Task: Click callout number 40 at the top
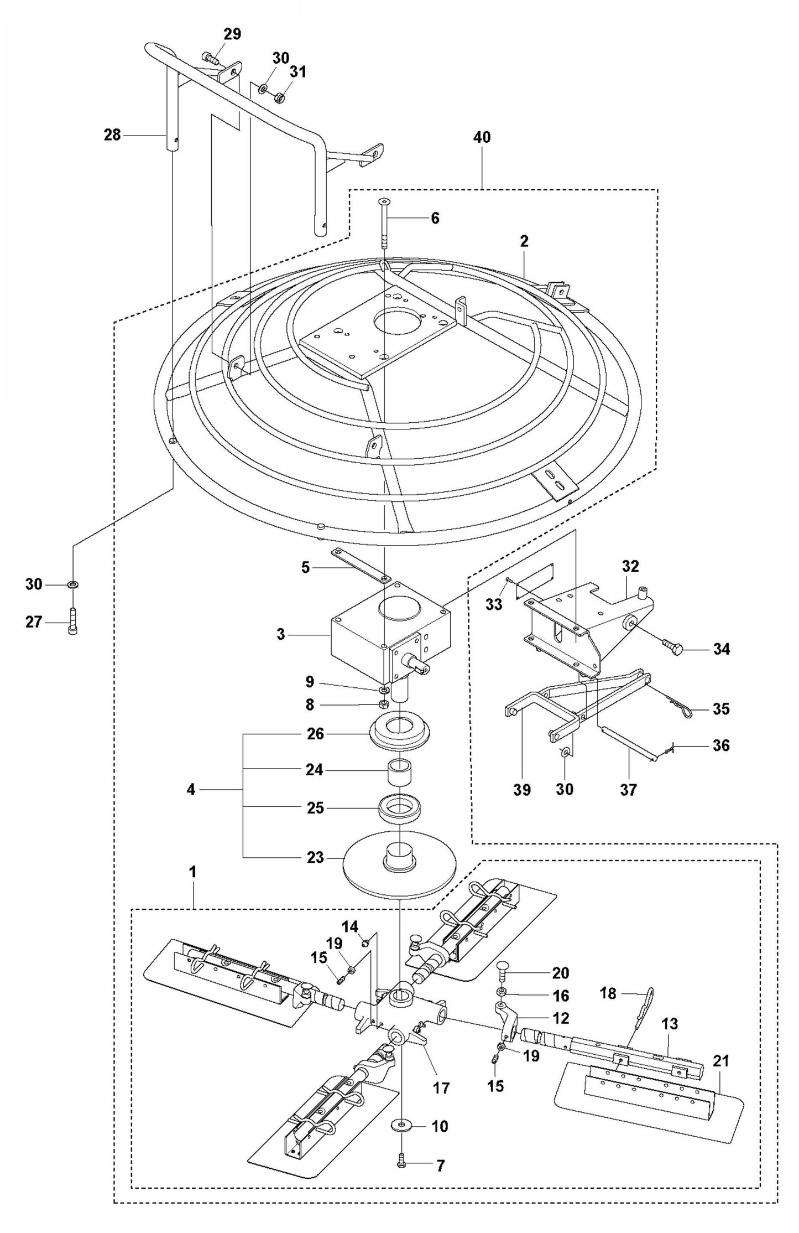tap(482, 138)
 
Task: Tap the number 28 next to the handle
tap(112, 134)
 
